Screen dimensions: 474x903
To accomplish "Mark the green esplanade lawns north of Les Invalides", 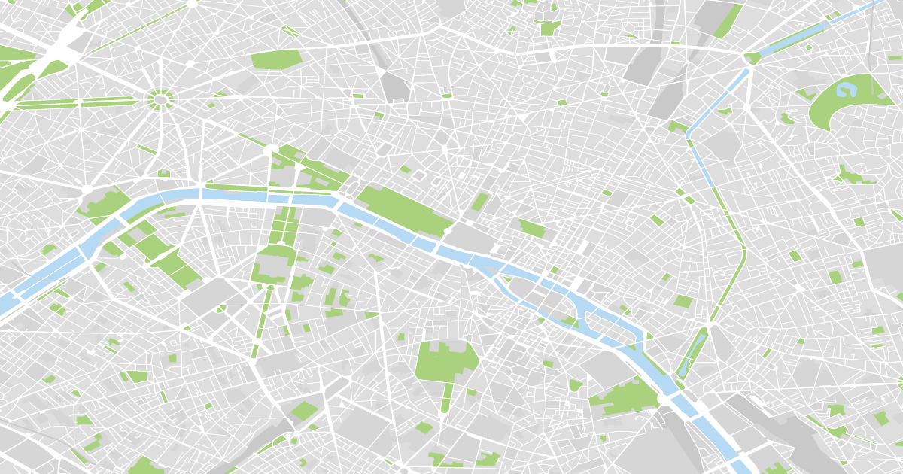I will click(x=283, y=226).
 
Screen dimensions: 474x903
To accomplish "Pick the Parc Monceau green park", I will click(x=276, y=59).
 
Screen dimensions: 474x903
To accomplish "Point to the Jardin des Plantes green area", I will click(x=625, y=396).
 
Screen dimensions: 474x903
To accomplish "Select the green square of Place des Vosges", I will click(x=683, y=302).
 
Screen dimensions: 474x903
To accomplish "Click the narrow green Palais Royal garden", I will click(x=479, y=201).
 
